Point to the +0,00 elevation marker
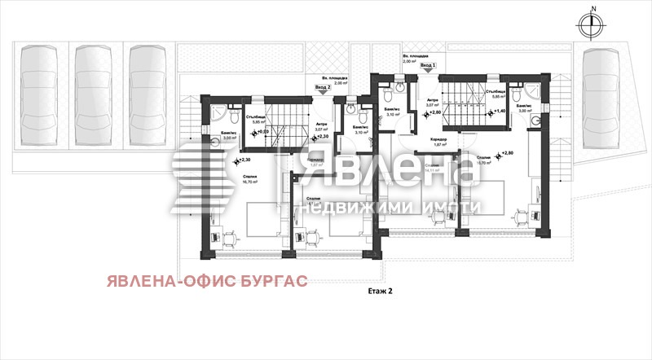click(x=259, y=133)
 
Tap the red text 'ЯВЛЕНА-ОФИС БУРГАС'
click(x=205, y=281)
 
